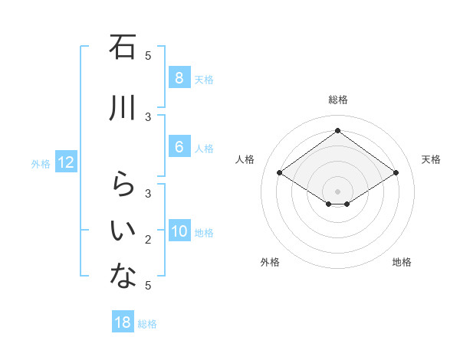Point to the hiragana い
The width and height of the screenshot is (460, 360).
point(123,231)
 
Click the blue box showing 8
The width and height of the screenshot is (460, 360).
point(179,78)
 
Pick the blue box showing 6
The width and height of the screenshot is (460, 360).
point(179,147)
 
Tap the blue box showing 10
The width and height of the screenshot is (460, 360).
point(179,232)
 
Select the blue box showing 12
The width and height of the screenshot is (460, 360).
point(65,162)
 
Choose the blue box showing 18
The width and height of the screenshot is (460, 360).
point(123,322)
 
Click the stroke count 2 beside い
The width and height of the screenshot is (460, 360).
point(148,240)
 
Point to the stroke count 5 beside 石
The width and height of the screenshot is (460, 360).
point(148,55)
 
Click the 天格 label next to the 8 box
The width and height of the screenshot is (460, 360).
point(204,79)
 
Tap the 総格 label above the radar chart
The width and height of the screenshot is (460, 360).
point(337,100)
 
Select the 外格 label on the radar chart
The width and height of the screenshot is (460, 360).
point(270,262)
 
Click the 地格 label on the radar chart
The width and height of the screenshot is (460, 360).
point(402,262)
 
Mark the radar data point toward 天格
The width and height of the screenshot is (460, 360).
point(396,173)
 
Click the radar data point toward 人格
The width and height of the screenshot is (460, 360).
point(280,173)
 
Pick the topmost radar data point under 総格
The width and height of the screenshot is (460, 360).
point(337,131)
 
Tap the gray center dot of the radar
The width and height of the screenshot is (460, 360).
point(337,191)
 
